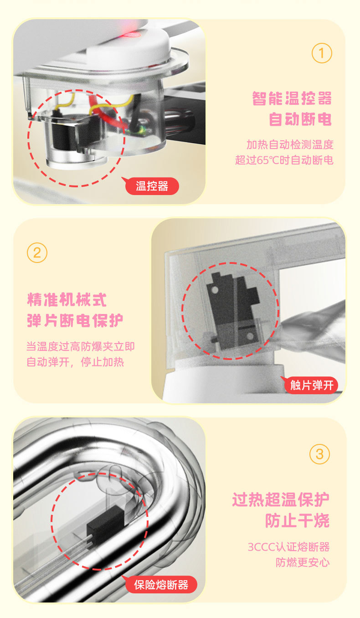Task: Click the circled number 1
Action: point(322,53)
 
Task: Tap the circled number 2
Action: point(37,252)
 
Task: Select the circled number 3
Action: point(319,454)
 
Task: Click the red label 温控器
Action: point(152,186)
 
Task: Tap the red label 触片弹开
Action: point(310,385)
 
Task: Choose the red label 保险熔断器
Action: point(160,585)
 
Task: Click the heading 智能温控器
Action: point(292,98)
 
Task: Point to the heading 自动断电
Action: point(300,119)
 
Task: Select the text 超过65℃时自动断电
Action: point(284,160)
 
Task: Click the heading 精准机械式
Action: point(67,299)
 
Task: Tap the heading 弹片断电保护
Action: point(75,320)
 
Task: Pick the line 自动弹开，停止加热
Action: point(75,362)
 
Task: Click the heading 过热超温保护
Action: point(281,500)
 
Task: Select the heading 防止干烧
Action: point(298,520)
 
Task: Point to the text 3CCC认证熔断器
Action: point(288,547)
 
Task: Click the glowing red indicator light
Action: point(132,35)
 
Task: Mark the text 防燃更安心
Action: point(303,562)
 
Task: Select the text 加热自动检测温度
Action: point(290,144)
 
